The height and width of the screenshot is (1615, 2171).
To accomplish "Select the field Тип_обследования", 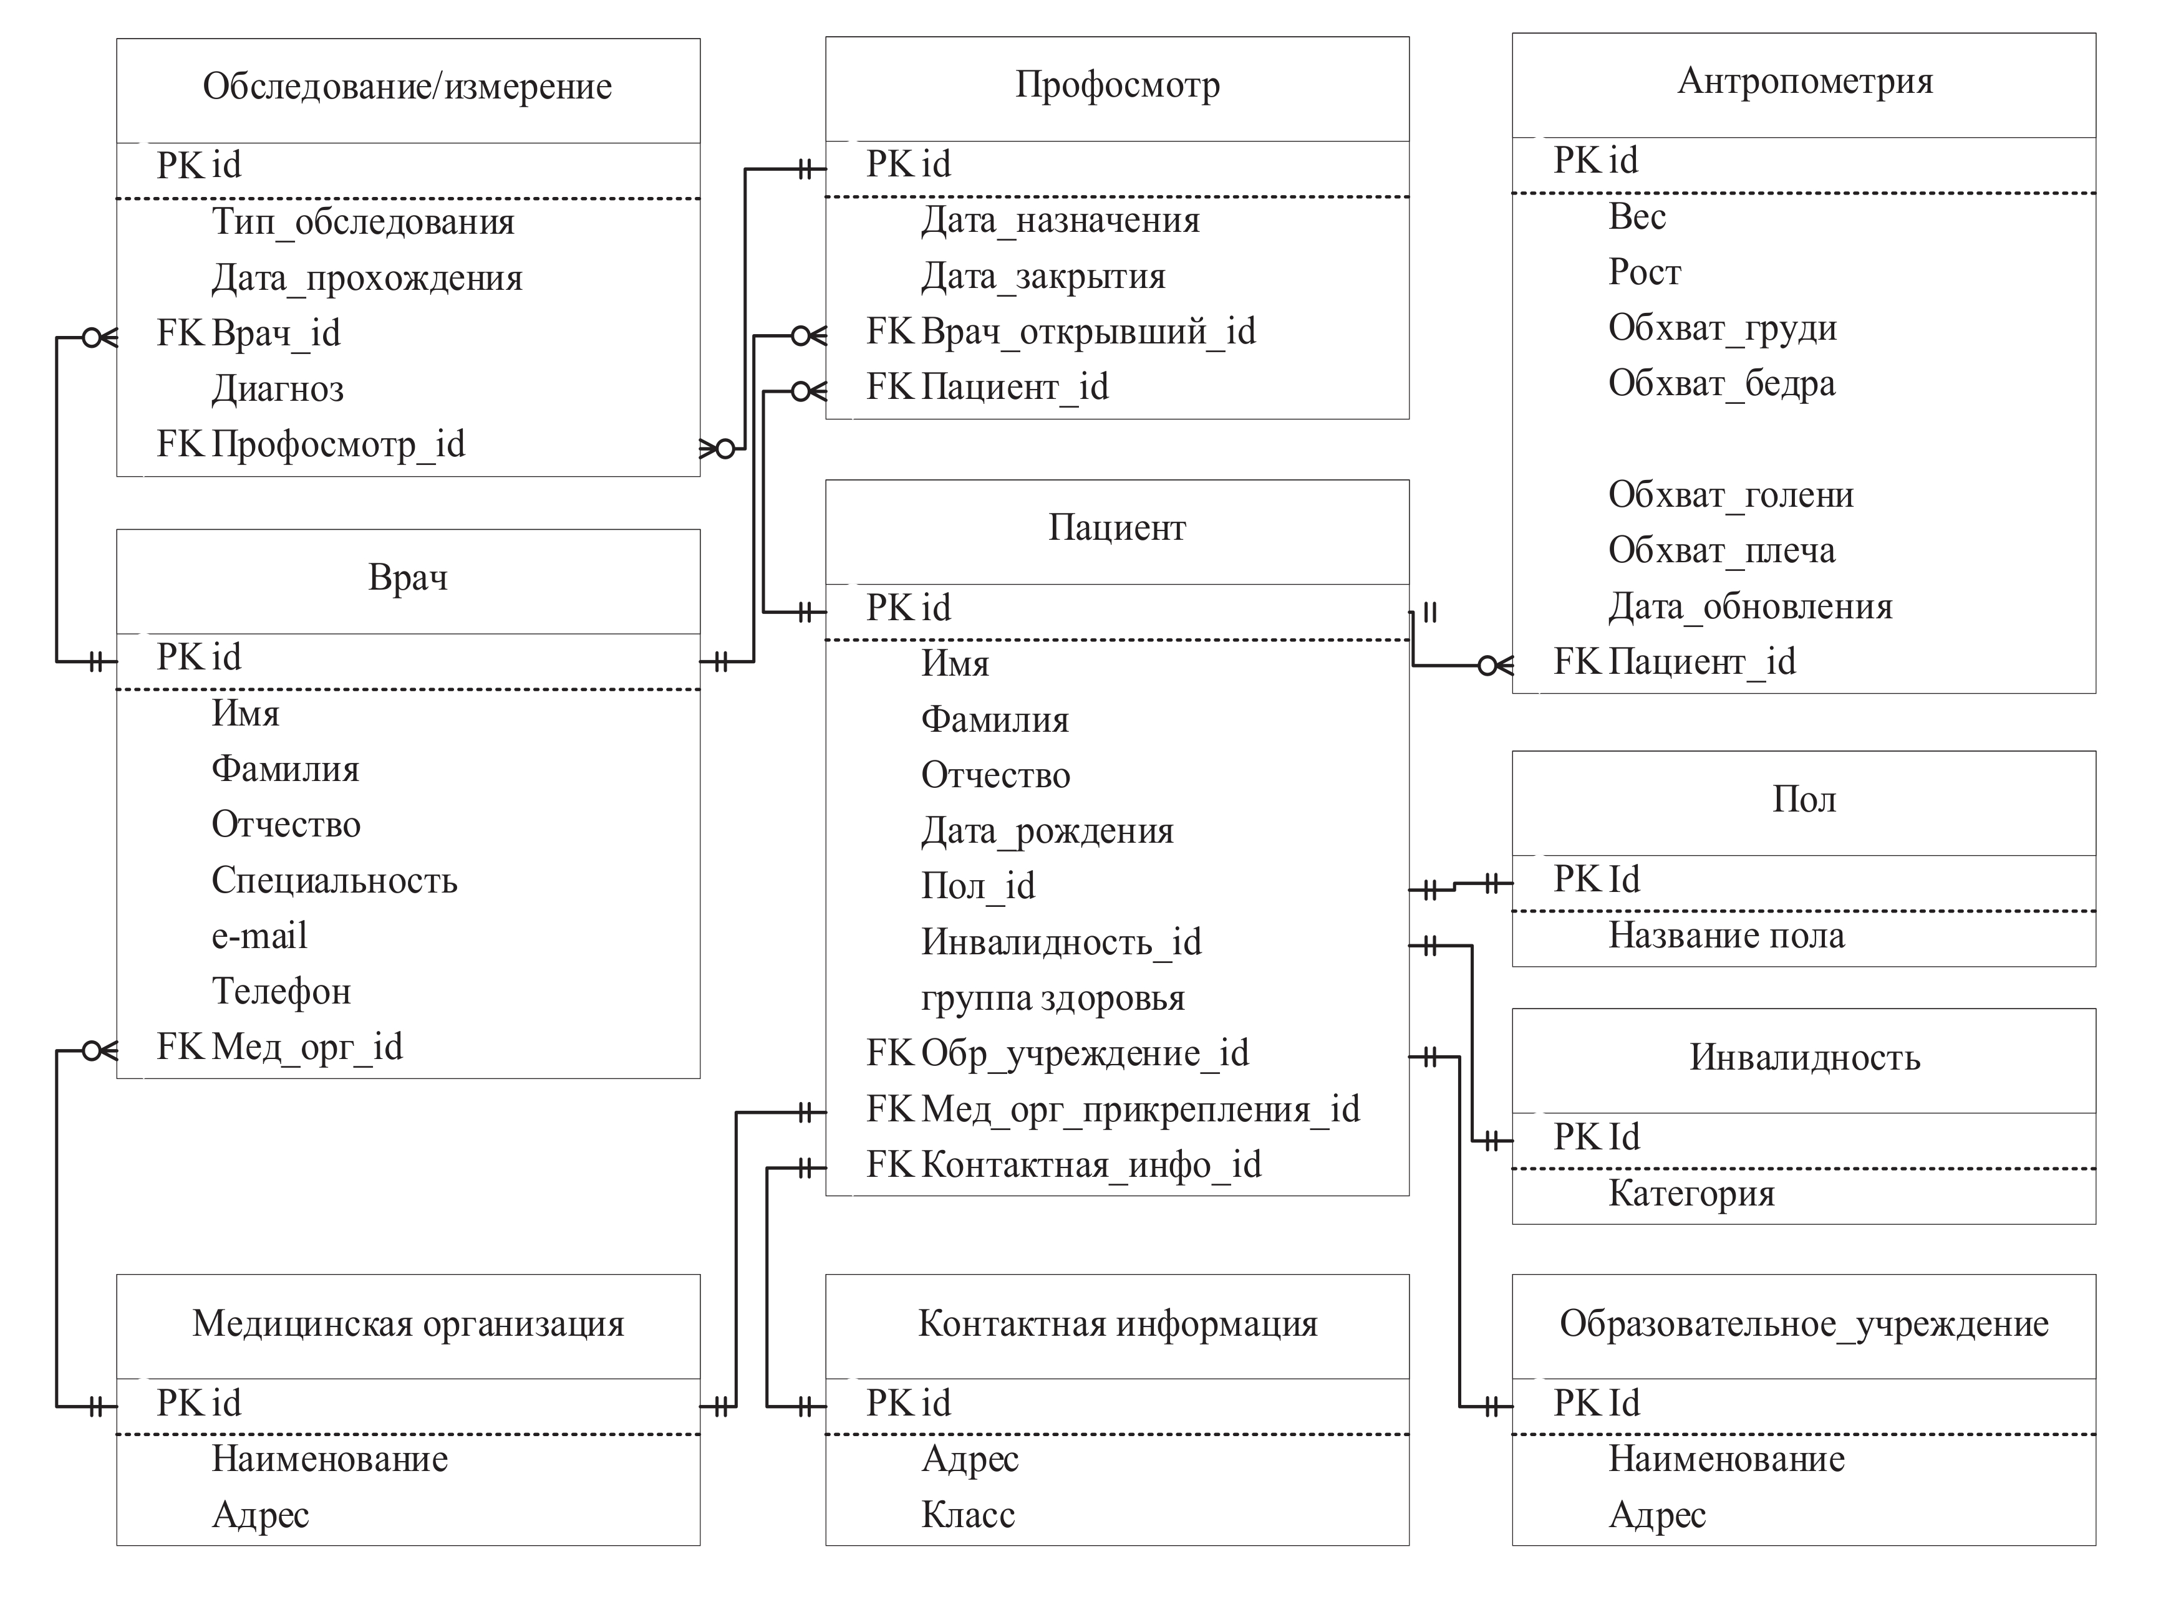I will pos(363,222).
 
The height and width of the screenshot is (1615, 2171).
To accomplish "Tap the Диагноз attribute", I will pos(278,389).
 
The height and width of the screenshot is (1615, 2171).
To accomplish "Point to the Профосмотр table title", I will pos(1117,85).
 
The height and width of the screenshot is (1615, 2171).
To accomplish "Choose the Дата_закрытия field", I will pos(1043,277).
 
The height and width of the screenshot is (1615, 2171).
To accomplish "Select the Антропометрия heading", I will pos(1804,81).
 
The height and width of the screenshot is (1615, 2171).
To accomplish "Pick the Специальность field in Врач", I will pos(334,881).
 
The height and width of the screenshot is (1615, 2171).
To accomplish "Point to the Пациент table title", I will pos(1117,528).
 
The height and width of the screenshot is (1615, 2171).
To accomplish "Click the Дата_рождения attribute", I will pos(1047,831).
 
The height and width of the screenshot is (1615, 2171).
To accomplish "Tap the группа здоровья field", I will pos(1052,998).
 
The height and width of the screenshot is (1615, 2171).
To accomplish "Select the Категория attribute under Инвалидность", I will pos(1691,1194).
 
